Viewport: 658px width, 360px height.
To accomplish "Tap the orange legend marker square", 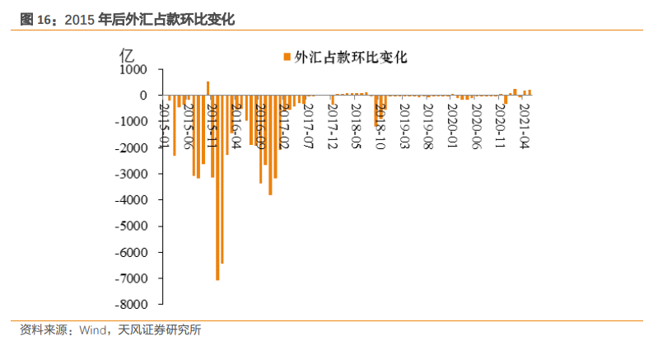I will click(287, 57).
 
